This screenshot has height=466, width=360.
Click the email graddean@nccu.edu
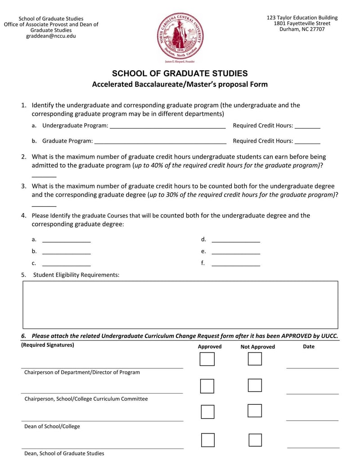51,36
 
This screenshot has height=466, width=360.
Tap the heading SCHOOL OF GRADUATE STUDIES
180,73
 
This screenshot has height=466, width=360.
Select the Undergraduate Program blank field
167,126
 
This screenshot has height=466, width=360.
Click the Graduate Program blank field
160,141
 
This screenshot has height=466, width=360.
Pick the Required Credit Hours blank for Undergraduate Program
308,126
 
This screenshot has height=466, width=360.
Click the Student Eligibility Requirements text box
180,305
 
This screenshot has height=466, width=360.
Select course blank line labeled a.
66,240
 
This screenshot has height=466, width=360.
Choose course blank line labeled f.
236,264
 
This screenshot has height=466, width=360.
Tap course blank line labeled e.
236,252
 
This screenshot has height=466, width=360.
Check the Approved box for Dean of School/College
207,412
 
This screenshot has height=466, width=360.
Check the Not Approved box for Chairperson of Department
255,359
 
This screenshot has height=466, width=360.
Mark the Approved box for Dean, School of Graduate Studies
207,440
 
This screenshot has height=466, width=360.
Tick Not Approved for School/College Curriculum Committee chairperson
255,385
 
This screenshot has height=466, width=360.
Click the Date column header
309,347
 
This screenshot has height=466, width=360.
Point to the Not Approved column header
257,347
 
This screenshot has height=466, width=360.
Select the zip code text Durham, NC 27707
302,29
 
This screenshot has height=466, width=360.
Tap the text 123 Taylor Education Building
302,18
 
